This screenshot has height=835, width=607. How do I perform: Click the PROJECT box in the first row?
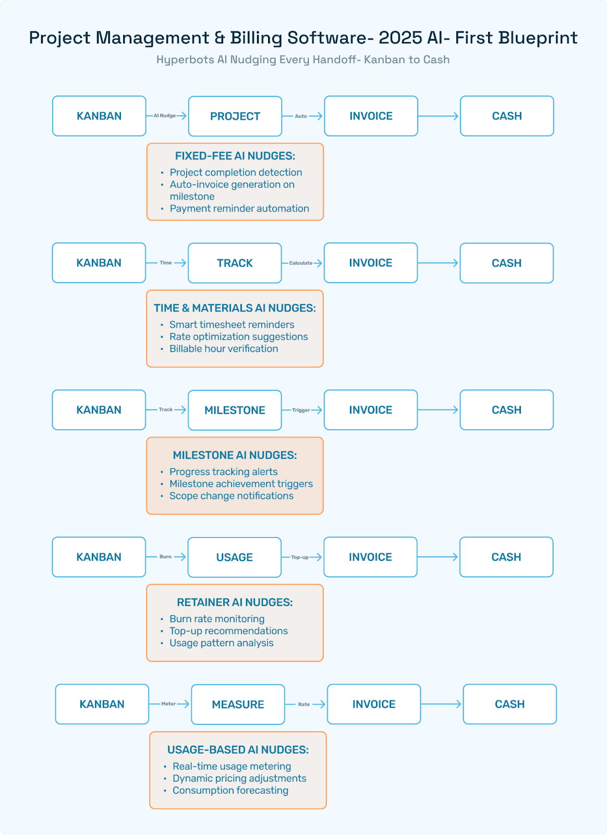[x=235, y=116]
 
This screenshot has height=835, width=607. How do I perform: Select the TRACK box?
[x=235, y=263]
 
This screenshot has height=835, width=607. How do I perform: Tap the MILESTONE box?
[x=235, y=410]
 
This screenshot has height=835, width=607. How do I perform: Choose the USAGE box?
[x=234, y=557]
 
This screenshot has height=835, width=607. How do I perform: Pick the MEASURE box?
[x=238, y=705]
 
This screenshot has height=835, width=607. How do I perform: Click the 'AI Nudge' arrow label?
[x=164, y=116]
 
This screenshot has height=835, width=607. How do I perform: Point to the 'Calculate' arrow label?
[x=300, y=263]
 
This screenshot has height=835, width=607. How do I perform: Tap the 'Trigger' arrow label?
[x=301, y=410]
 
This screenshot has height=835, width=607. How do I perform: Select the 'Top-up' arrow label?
[x=299, y=557]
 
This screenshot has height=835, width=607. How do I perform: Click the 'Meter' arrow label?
[x=168, y=704]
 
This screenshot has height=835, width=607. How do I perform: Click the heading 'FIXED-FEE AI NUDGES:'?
[x=235, y=156]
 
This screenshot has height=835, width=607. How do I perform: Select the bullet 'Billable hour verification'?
[x=223, y=349]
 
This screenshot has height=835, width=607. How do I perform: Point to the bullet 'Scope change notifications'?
[x=231, y=496]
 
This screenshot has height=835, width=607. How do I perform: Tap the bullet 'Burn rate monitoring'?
[x=217, y=619]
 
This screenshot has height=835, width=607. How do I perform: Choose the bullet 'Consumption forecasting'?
[x=230, y=790]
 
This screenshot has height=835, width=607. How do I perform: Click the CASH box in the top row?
[x=506, y=116]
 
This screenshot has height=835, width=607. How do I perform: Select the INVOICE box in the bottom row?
[x=373, y=704]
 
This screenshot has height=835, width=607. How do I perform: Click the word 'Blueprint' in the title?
[x=538, y=38]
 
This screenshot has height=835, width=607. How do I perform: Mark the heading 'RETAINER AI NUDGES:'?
[x=235, y=602]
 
